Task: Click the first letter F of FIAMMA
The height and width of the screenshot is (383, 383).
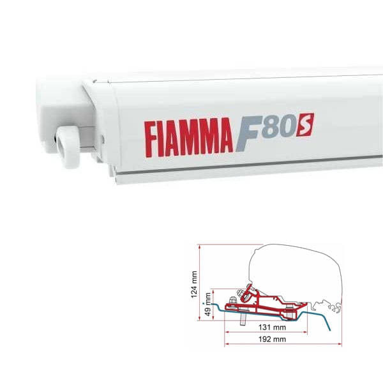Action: [x=151, y=136]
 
